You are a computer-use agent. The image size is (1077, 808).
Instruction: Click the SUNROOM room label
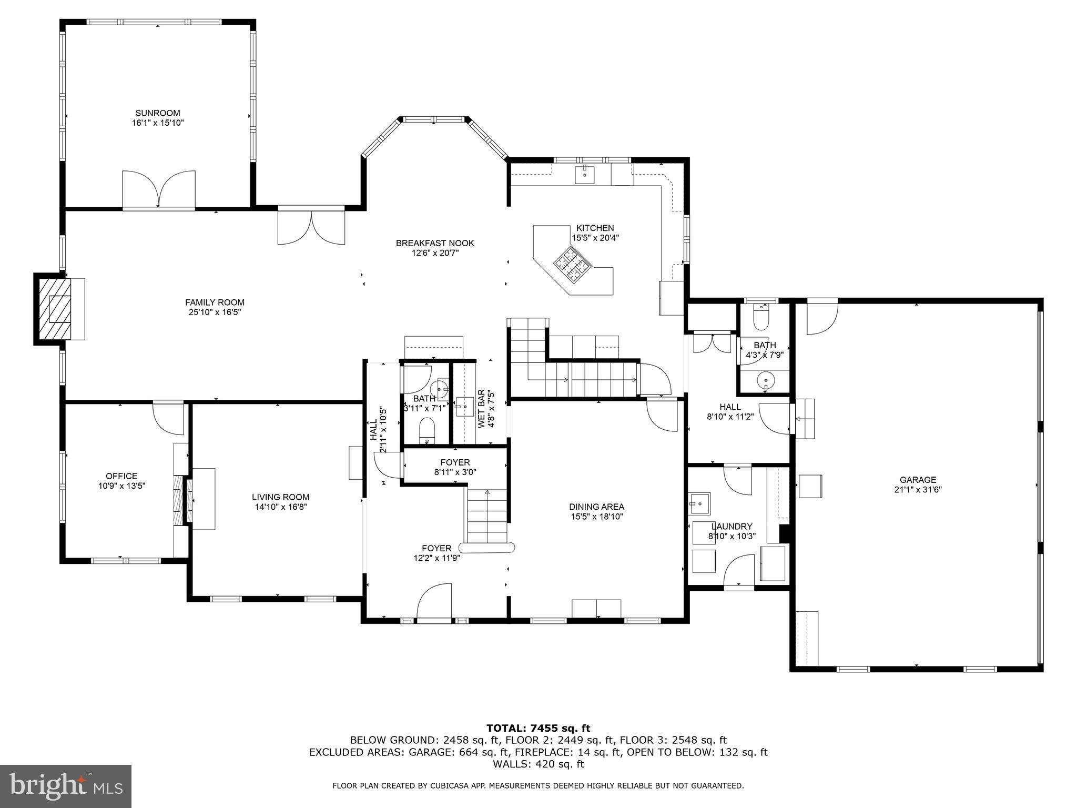(158, 113)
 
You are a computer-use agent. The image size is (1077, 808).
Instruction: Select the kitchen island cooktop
(572, 266)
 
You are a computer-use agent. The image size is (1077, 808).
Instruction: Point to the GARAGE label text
(918, 480)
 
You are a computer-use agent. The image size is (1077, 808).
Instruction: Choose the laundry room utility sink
(699, 504)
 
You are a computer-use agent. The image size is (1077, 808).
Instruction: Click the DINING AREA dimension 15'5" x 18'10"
(597, 517)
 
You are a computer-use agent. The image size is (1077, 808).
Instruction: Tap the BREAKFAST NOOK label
(435, 243)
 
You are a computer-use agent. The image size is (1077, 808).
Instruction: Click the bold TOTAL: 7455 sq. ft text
(538, 728)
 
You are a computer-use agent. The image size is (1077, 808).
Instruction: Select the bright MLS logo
(66, 786)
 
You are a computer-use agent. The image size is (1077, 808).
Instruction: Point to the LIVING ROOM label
(280, 497)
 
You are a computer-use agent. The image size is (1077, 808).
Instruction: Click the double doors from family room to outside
(311, 227)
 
